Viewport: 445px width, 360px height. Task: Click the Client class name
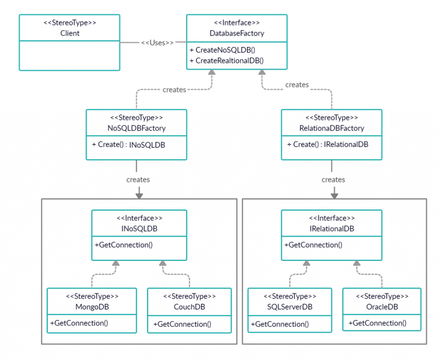pos(70,33)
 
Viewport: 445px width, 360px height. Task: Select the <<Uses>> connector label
pos(157,43)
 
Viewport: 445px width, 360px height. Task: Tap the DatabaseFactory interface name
pos(236,33)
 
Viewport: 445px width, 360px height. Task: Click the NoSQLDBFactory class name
pos(136,128)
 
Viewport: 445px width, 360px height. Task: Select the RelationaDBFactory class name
pos(332,128)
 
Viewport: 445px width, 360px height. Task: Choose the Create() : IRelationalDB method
pos(328,144)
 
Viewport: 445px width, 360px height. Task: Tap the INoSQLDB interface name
pos(139,229)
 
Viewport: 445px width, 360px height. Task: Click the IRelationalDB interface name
pos(332,229)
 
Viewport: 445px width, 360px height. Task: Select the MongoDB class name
pos(92,307)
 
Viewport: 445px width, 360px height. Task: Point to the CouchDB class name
pos(189,307)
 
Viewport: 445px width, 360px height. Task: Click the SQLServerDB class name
pos(290,307)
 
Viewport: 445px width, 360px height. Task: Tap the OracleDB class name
pos(382,307)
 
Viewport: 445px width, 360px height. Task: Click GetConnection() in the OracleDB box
pos(377,323)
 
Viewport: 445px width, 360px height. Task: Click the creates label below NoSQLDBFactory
pos(138,179)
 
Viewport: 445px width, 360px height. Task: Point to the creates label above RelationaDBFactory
pos(297,85)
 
